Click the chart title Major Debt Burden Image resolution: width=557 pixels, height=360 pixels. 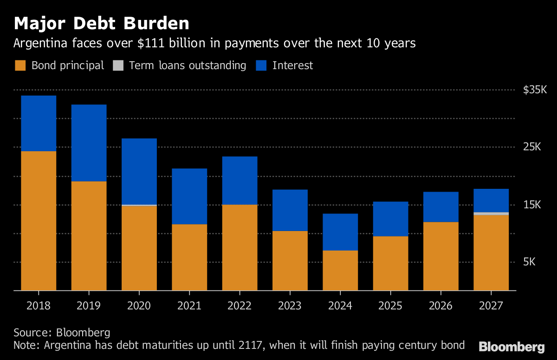pyautogui.click(x=101, y=23)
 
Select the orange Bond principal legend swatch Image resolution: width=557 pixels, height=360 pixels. pyautogui.click(x=20, y=65)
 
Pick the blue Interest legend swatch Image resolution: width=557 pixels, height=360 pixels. pyautogui.click(x=261, y=65)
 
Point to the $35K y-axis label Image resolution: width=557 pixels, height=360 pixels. pyautogui.click(x=531, y=90)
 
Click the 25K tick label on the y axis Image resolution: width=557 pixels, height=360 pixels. pyautogui.click(x=532, y=148)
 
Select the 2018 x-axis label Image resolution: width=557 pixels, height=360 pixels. pyautogui.click(x=39, y=306)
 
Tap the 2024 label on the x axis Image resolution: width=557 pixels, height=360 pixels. pyautogui.click(x=340, y=306)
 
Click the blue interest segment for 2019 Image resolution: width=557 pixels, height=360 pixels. pyautogui.click(x=89, y=143)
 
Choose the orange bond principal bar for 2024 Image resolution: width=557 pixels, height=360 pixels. pyautogui.click(x=340, y=270)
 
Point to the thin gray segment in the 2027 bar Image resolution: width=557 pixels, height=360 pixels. pyautogui.click(x=491, y=213)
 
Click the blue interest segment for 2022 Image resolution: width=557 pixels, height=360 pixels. pyautogui.click(x=240, y=180)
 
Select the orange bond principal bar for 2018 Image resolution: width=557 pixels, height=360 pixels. pyautogui.click(x=39, y=221)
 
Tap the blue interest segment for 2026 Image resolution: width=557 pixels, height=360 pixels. pyautogui.click(x=441, y=207)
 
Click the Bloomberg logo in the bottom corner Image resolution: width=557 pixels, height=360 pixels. pyautogui.click(x=512, y=347)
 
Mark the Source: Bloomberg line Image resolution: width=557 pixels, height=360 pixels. pyautogui.click(x=62, y=333)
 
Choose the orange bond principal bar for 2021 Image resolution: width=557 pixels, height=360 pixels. pyautogui.click(x=189, y=257)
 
